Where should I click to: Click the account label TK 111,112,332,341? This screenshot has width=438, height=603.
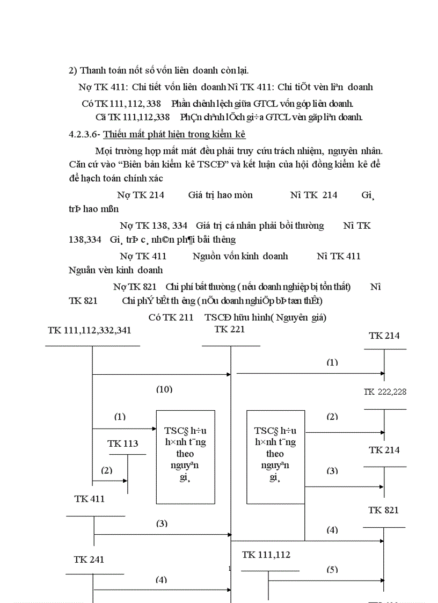tap(89, 330)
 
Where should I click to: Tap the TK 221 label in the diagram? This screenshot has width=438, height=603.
tap(230, 330)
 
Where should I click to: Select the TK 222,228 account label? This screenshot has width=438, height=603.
tap(385, 392)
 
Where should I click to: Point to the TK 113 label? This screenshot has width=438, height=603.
tap(122, 444)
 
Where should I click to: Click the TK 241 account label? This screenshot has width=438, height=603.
tap(89, 560)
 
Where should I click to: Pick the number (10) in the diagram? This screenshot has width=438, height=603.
tap(164, 389)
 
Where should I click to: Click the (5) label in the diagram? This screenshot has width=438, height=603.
tap(332, 569)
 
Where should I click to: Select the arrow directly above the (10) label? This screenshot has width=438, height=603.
tap(161, 374)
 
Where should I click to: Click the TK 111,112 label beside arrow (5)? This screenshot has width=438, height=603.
tap(266, 555)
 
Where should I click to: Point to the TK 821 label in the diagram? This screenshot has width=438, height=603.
tap(384, 510)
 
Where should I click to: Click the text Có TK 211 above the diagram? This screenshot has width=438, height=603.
tap(171, 317)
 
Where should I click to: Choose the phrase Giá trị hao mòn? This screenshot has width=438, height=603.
tap(220, 195)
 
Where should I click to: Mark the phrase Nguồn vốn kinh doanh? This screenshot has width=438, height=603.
tap(240, 256)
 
